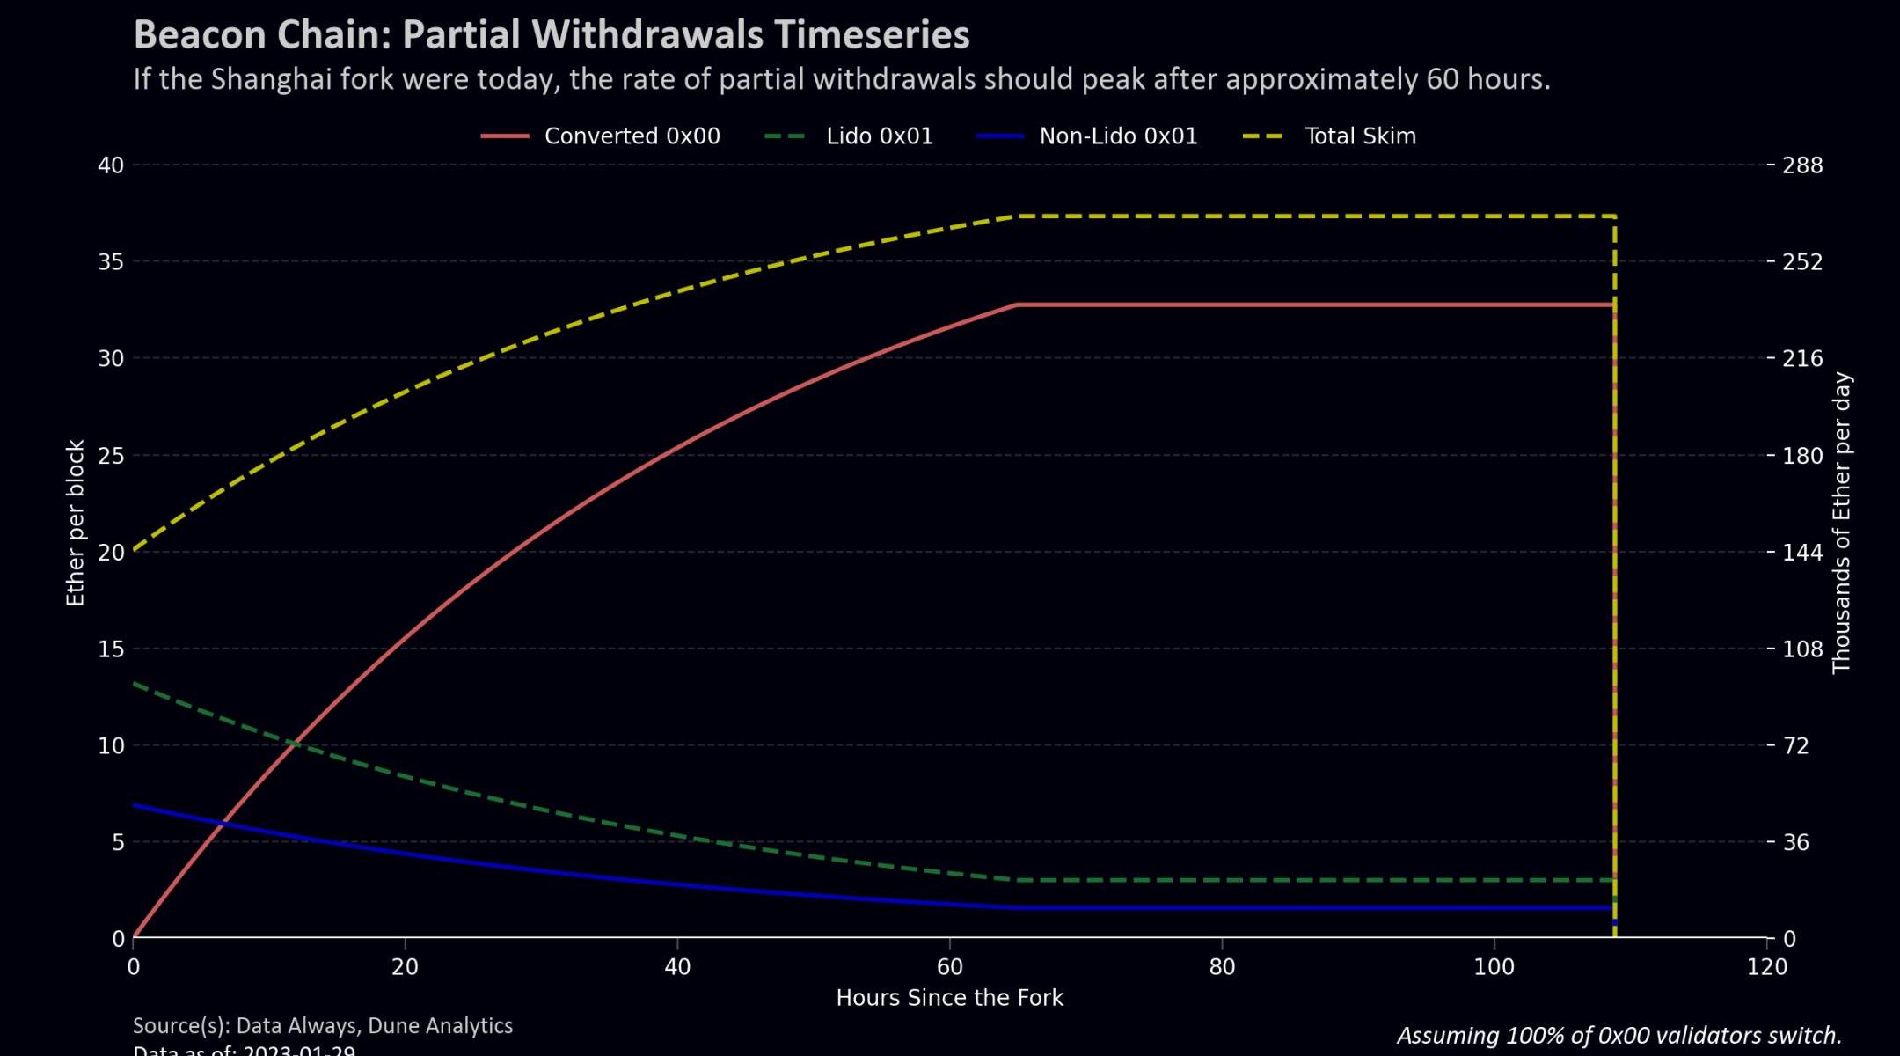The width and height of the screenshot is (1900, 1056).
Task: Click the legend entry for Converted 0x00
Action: click(632, 136)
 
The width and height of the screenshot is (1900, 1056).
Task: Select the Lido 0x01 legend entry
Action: click(879, 136)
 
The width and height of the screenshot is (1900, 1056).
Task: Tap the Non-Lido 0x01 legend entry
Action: click(1118, 136)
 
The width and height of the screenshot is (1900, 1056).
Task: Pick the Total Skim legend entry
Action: click(1360, 136)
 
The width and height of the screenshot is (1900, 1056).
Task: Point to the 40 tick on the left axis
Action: click(111, 165)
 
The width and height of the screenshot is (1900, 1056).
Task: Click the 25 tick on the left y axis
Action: click(111, 456)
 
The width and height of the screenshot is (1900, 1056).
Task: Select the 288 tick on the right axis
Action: click(1802, 165)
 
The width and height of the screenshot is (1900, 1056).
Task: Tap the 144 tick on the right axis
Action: click(1802, 553)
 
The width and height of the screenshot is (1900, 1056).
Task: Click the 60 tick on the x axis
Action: click(950, 967)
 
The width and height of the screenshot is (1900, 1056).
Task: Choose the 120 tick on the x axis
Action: click(1766, 967)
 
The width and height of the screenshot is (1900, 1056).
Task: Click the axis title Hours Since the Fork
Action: click(949, 998)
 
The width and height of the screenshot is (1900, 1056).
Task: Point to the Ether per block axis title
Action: click(76, 523)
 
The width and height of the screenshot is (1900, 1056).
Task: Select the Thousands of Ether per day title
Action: click(1842, 523)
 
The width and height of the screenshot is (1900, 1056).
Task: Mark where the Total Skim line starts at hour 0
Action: click(134, 551)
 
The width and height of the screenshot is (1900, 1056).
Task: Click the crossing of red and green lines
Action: click(295, 744)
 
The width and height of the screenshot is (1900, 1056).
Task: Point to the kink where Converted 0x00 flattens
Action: click(1017, 304)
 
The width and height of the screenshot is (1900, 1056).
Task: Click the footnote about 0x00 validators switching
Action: click(1619, 1036)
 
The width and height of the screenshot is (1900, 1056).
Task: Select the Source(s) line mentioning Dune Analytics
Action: click(323, 1026)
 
